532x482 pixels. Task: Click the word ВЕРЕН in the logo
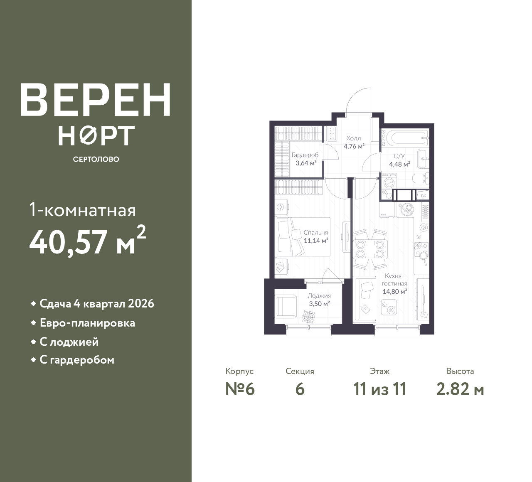pyautogui.click(x=96, y=100)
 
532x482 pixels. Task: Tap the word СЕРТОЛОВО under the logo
pyautogui.click(x=96, y=159)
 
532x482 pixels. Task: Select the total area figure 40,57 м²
pyautogui.click(x=88, y=241)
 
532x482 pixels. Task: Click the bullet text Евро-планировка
pyautogui.click(x=87, y=323)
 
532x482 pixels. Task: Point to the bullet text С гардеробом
pyautogui.click(x=77, y=360)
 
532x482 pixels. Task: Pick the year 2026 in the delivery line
pyautogui.click(x=141, y=304)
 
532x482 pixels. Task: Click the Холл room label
pyautogui.click(x=354, y=138)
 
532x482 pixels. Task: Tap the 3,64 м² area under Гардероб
pyautogui.click(x=306, y=163)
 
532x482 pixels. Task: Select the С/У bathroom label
pyautogui.click(x=399, y=156)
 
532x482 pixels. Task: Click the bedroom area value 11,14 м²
pyautogui.click(x=316, y=241)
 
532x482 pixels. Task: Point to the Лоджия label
pyautogui.click(x=319, y=295)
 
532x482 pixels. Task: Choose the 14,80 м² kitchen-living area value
pyautogui.click(x=395, y=292)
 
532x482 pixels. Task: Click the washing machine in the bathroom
pyautogui.click(x=389, y=182)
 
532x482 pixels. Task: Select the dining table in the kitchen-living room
pyautogui.click(x=370, y=249)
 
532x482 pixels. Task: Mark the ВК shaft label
pyautogui.click(x=423, y=196)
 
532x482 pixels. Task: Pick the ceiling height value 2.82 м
pyautogui.click(x=460, y=389)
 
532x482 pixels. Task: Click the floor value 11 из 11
pyautogui.click(x=379, y=389)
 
